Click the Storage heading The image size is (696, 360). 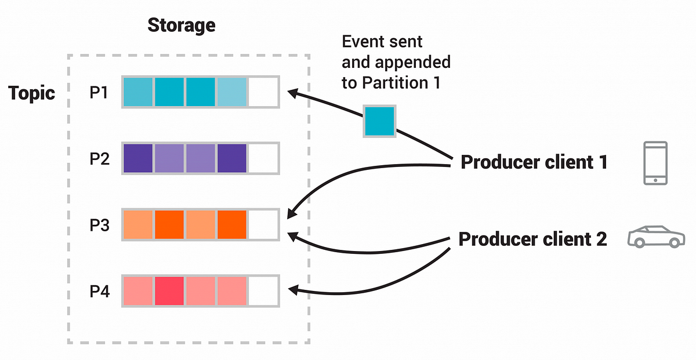pyautogui.click(x=181, y=26)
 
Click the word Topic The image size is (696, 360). pyautogui.click(x=32, y=93)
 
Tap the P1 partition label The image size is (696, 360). pyautogui.click(x=100, y=92)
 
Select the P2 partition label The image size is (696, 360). pyautogui.click(x=100, y=158)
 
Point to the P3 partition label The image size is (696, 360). pyautogui.click(x=100, y=225)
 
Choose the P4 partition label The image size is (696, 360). pyautogui.click(x=100, y=291)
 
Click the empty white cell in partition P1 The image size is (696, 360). pyautogui.click(x=263, y=92)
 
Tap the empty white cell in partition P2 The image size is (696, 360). pyautogui.click(x=263, y=158)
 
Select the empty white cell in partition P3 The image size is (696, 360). pyautogui.click(x=263, y=225)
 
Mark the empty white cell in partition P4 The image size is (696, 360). pyautogui.click(x=263, y=291)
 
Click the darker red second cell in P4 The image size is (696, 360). pyautogui.click(x=169, y=291)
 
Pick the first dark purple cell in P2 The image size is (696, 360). pyautogui.click(x=138, y=158)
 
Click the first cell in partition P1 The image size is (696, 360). pyautogui.click(x=138, y=92)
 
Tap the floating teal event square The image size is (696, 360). pyautogui.click(x=379, y=121)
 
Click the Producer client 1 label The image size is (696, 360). pyautogui.click(x=534, y=163)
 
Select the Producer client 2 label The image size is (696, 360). pyautogui.click(x=532, y=239)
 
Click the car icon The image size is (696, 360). pyautogui.click(x=655, y=237)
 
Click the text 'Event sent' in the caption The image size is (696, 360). pyautogui.click(x=382, y=42)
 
